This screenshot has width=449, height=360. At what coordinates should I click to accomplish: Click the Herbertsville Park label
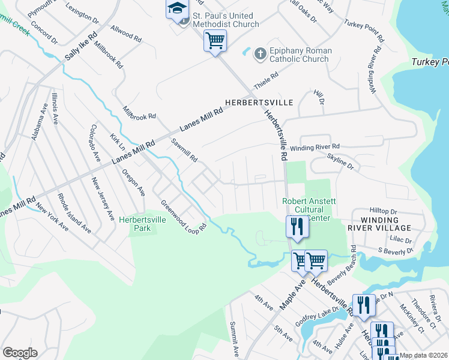[142, 224]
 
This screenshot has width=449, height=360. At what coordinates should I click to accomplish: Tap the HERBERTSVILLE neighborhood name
[259, 103]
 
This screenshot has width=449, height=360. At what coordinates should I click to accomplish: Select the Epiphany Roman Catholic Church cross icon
[260, 54]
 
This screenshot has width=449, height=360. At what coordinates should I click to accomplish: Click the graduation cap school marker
[177, 8]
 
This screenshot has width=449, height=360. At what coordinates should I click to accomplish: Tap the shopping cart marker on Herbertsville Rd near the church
[215, 41]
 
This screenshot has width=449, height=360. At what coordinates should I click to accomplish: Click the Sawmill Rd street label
[184, 151]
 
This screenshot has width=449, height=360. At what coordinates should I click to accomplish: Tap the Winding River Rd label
[315, 147]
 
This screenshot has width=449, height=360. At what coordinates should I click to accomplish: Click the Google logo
[19, 353]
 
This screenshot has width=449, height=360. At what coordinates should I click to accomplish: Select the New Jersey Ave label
[103, 198]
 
